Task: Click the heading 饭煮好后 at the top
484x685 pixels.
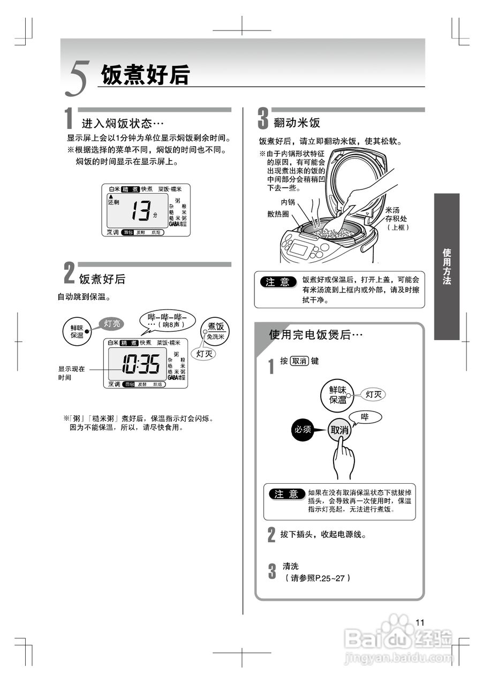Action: [x=145, y=74]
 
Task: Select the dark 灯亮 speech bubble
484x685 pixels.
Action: [x=112, y=323]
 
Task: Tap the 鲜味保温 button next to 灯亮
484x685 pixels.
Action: [x=77, y=331]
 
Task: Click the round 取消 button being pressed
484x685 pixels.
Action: [x=339, y=430]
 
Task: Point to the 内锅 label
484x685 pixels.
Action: [x=288, y=203]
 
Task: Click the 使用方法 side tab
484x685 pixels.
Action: [x=447, y=266]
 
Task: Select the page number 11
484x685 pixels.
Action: [x=420, y=622]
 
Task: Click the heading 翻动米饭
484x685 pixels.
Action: [x=297, y=123]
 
